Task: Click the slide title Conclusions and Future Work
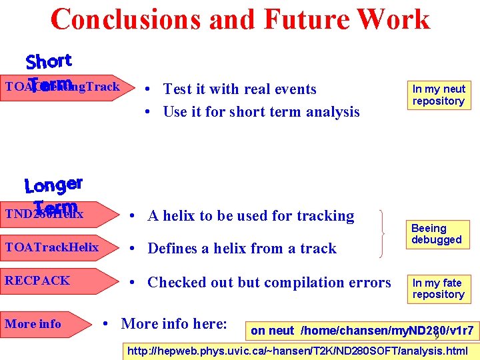tap(240, 19)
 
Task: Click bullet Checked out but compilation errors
tap(269, 282)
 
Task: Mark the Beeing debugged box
tap(436, 234)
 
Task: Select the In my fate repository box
tap(438, 288)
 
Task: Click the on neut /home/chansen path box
tap(362, 330)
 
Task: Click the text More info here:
tap(174, 324)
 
